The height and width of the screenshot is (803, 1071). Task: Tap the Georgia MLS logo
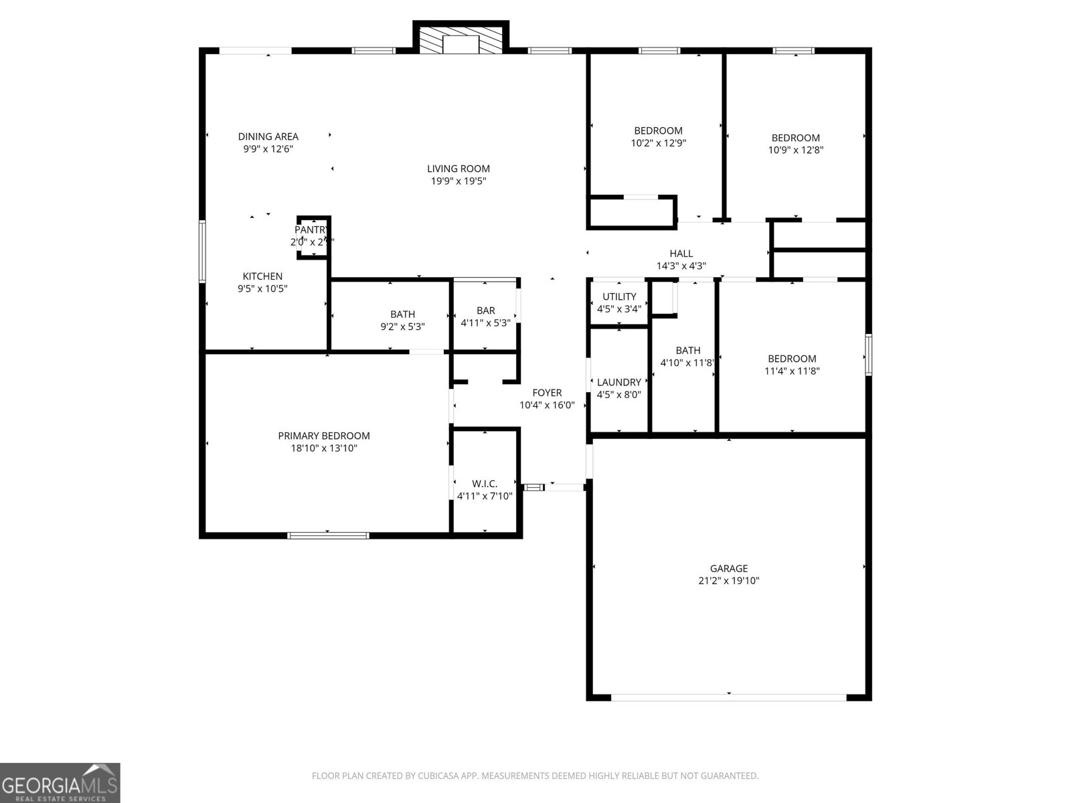[60, 782]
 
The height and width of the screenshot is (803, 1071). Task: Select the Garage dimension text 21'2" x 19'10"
[728, 581]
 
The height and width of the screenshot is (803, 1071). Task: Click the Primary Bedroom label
[324, 436]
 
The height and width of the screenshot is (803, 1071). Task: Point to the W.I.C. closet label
[485, 483]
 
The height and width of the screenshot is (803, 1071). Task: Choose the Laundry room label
[619, 382]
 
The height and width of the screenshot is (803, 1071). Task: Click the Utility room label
[619, 296]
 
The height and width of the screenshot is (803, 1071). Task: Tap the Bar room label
[486, 310]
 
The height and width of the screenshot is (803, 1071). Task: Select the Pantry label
[311, 230]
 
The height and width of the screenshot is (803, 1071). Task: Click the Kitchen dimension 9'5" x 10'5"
[262, 288]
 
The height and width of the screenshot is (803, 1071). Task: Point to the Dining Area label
[268, 137]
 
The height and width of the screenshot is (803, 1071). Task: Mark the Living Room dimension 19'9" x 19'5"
[459, 181]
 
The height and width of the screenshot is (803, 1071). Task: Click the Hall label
[681, 254]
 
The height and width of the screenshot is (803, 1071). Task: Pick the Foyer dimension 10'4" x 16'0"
[547, 405]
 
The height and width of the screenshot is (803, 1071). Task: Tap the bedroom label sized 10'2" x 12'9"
[659, 130]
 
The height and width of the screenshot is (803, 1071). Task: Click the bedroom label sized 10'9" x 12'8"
[795, 138]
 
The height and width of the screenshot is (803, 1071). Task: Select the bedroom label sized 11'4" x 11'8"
[792, 359]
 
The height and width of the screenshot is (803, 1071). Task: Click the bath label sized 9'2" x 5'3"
[402, 314]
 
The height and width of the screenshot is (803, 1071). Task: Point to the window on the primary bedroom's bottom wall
[328, 535]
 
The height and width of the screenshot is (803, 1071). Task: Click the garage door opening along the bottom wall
[728, 697]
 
